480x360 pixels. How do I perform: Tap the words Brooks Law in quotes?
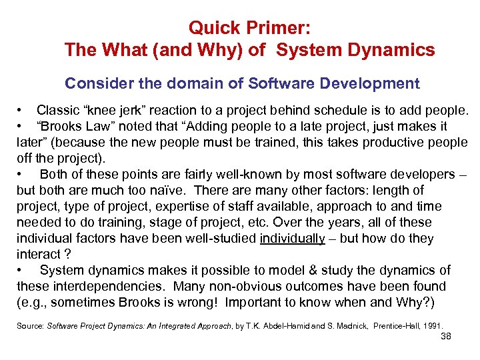point(71,127)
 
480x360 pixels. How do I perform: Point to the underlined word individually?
point(292,239)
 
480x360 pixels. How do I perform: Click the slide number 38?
point(446,337)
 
